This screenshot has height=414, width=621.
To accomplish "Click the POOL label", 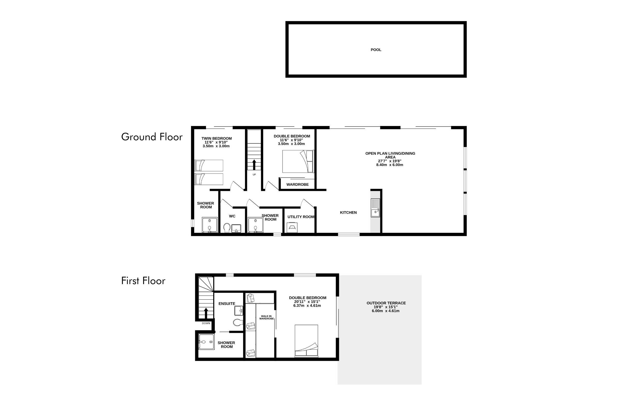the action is pos(376,50).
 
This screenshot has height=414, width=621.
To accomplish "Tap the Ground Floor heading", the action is pos(152,137).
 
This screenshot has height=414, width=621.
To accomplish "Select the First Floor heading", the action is pos(143,281).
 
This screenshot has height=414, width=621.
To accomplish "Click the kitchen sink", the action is pos(375,208).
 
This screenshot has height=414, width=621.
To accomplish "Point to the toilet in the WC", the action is pos(227,228).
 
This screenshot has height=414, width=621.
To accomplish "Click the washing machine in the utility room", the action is pos(292,228).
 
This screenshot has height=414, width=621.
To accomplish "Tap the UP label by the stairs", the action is pos(254,174).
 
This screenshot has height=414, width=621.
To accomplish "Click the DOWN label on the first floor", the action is pos(206,323).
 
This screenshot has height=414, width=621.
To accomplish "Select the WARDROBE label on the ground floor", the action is pos(298,184).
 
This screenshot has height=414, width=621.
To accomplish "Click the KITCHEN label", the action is pos(348,212).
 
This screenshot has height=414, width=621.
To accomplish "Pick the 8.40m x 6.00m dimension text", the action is pos(390,165).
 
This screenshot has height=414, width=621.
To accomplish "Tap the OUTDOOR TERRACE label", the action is pos(386,303).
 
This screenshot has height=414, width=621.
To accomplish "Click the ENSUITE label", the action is pos(227,304).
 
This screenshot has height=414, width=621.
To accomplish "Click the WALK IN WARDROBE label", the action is pos(267,317).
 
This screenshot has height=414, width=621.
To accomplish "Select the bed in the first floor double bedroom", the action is pos(306,341).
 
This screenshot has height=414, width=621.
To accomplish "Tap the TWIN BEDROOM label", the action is pos(217,138).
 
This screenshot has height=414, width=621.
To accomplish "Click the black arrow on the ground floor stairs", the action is pos(254,165).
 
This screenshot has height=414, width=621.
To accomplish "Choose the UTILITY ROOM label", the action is pos(301,217).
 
